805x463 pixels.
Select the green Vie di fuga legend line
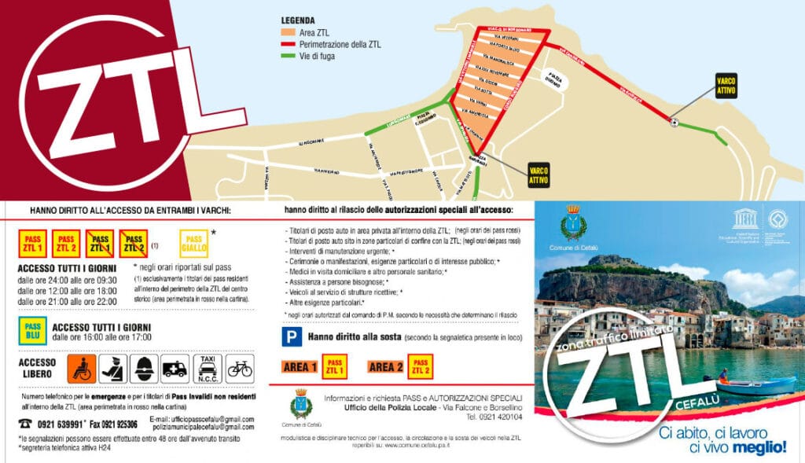coord(289,56)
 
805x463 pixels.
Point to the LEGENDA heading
coord(300,20)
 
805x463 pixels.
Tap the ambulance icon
coord(174,368)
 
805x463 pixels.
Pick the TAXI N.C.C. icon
coord(207,368)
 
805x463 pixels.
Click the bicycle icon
coord(239,368)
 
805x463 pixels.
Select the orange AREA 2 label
coord(384,367)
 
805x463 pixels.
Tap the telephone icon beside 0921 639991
coord(27,422)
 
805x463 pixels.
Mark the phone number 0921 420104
coord(500,417)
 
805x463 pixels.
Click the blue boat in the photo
coord(755,385)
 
